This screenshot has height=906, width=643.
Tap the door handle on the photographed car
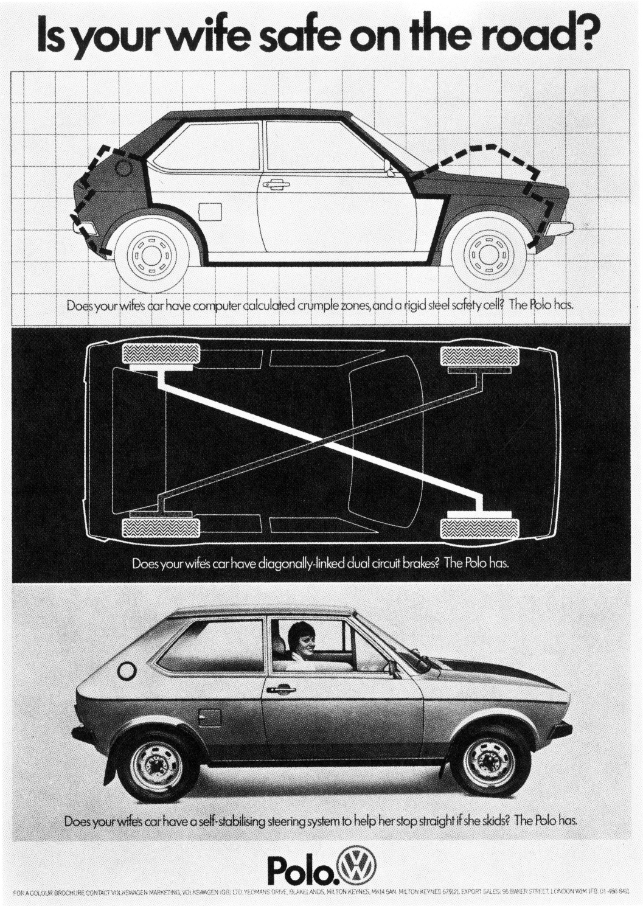(x=280, y=689)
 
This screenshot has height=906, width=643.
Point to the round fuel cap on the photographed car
(x=127, y=671)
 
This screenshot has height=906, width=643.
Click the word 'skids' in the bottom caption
(x=495, y=820)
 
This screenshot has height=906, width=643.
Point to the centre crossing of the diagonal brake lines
(x=321, y=442)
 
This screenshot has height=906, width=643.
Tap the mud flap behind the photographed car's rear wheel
(x=111, y=767)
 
